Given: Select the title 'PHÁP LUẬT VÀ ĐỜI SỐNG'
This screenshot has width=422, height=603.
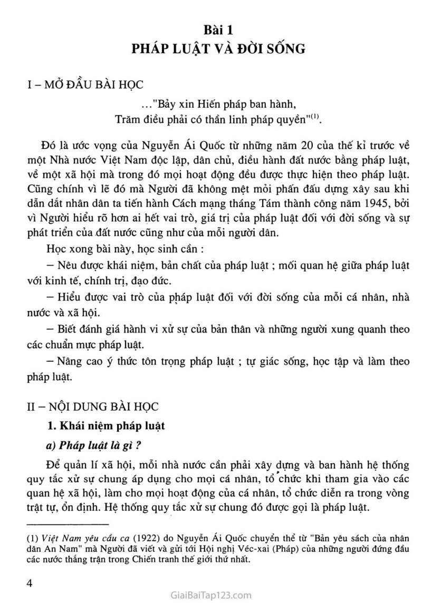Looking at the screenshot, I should [x=219, y=50].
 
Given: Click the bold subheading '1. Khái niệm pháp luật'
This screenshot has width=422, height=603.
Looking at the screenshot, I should [x=105, y=426].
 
